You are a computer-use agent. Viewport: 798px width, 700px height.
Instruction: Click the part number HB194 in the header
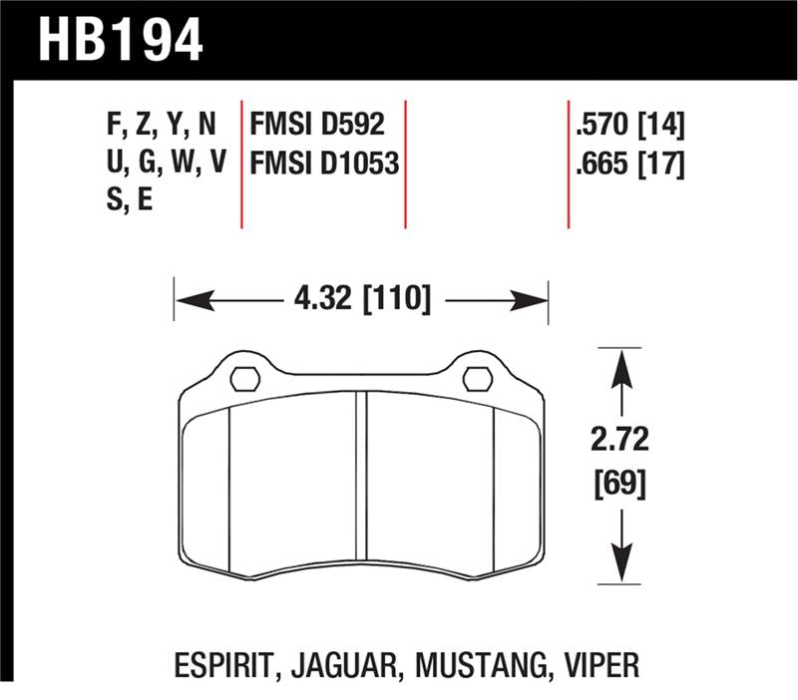[121, 40]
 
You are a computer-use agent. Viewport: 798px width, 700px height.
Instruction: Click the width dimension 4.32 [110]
[362, 298]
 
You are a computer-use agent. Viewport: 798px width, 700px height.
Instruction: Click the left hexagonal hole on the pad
[245, 379]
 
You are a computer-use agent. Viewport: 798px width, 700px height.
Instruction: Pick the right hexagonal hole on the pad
[477, 379]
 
